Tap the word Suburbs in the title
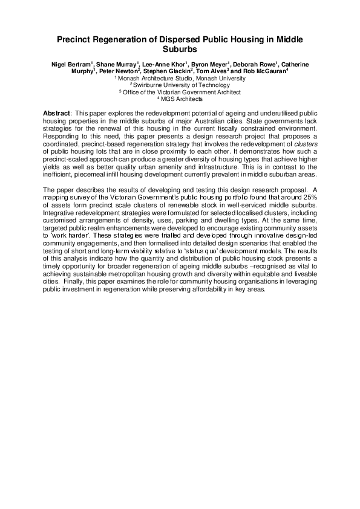point(180,49)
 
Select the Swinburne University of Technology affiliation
point(180,85)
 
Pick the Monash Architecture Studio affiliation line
point(180,79)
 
